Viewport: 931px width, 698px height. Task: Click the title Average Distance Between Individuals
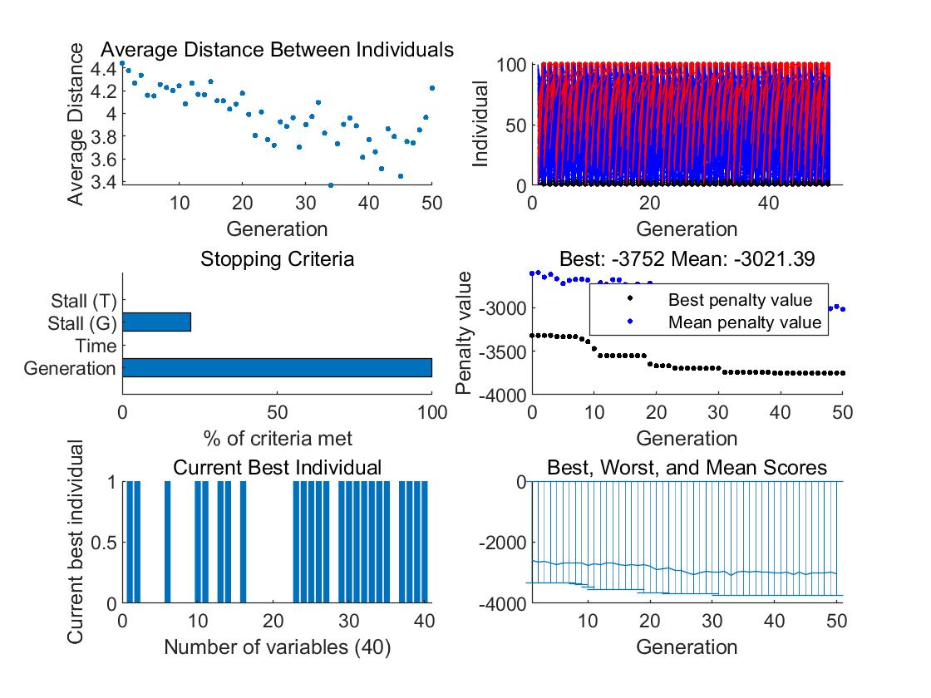pyautogui.click(x=277, y=50)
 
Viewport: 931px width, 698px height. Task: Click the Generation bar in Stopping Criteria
pyautogui.click(x=277, y=368)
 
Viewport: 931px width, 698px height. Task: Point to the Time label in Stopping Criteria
pyautogui.click(x=96, y=346)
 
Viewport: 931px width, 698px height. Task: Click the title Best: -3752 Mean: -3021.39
pyautogui.click(x=687, y=258)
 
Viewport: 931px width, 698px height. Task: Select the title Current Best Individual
pyautogui.click(x=277, y=468)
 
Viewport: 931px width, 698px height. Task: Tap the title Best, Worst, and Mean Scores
pyautogui.click(x=687, y=468)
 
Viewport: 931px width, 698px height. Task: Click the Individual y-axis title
pyautogui.click(x=480, y=124)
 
